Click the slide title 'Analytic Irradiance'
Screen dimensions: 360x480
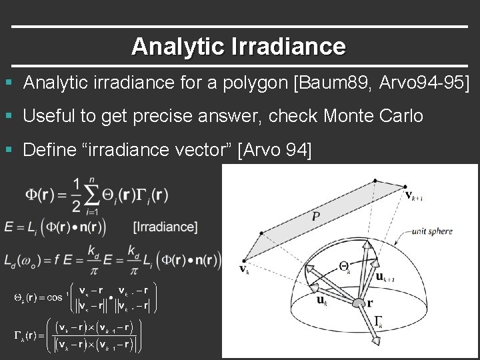pyautogui.click(x=239, y=46)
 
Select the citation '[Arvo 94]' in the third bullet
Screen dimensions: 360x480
pyautogui.click(x=274, y=149)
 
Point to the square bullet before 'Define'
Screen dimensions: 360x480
pyautogui.click(x=8, y=149)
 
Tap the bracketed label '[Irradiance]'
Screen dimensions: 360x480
pyautogui.click(x=165, y=227)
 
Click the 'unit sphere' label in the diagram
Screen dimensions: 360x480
pyautogui.click(x=432, y=232)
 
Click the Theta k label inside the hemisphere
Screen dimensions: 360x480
pyautogui.click(x=344, y=265)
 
